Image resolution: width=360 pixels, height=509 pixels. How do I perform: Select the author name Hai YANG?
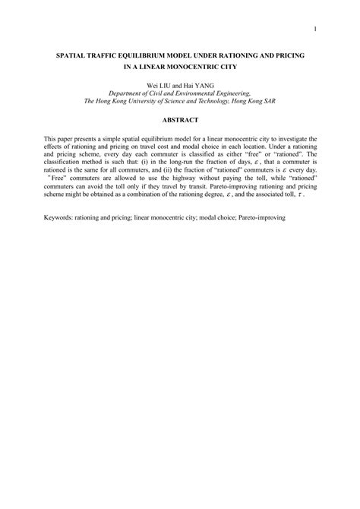pyautogui.click(x=197, y=85)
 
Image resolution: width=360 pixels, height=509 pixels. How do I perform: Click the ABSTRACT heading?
pyautogui.click(x=179, y=120)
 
